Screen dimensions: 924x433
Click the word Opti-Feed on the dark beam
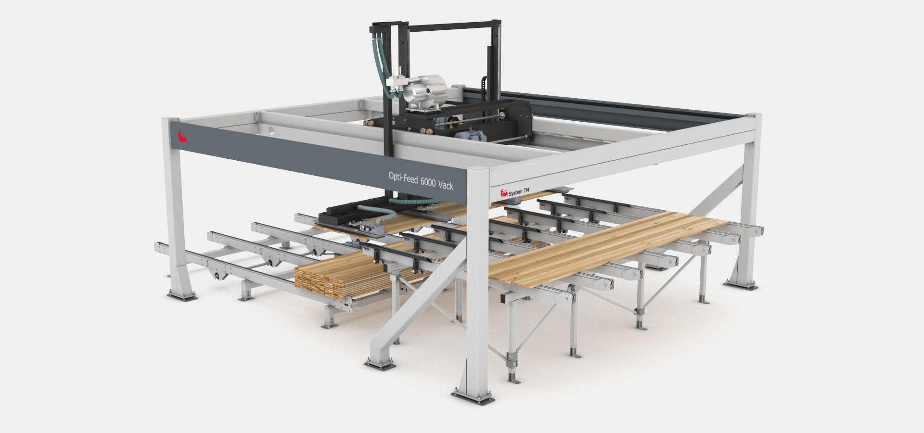[403, 178]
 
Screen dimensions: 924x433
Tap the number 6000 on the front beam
[427, 182]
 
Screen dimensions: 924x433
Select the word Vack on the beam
[445, 185]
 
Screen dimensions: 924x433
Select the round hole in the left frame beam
[271, 130]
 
